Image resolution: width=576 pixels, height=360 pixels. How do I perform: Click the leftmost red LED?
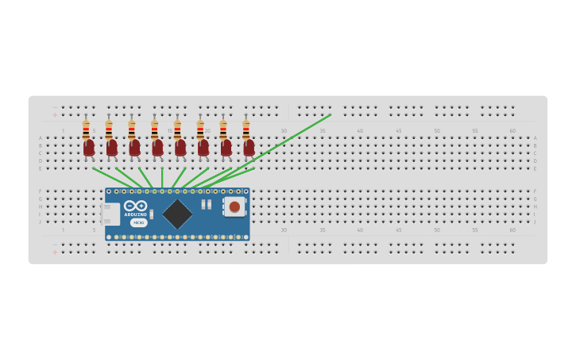89,147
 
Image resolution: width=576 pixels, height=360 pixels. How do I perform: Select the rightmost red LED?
249,147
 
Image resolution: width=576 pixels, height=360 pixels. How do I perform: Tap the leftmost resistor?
86,129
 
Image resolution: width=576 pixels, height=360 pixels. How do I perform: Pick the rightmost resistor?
245,129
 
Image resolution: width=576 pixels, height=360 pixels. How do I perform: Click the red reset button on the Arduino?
234,207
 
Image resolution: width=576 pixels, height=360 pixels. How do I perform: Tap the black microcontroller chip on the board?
177,214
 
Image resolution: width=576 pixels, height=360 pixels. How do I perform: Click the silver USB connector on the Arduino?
110,214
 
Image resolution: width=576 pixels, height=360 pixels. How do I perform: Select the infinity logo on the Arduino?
136,206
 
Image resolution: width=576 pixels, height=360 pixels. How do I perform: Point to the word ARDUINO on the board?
136,215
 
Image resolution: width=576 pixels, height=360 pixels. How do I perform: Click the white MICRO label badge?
138,223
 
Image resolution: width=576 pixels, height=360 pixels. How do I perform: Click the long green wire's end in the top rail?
329,115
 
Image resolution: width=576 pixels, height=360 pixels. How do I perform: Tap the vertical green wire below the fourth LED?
162,177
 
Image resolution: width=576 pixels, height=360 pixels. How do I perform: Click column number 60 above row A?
512,131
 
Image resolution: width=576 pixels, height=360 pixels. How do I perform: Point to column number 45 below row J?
398,230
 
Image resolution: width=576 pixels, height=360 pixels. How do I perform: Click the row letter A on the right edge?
535,138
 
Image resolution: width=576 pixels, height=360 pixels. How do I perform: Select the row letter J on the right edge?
535,222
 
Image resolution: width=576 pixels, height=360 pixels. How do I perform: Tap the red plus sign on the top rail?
55,115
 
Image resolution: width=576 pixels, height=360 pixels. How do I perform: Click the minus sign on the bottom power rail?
55,244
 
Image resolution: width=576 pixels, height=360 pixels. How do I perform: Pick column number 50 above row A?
436,131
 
